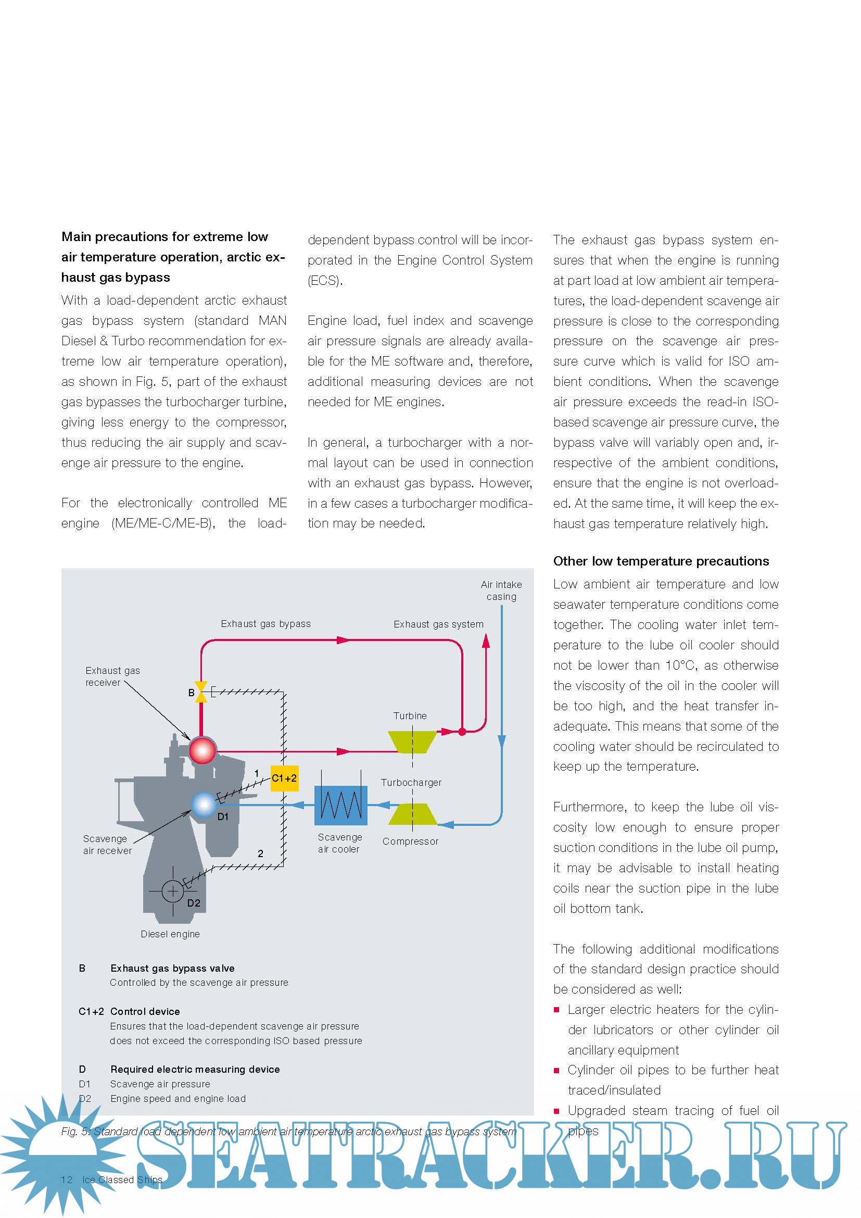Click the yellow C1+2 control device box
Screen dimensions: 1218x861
click(284, 778)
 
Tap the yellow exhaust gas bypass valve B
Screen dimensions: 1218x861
click(201, 692)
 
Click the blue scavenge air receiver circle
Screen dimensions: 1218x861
click(204, 805)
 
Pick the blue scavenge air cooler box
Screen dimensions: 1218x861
click(340, 805)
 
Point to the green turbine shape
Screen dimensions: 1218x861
click(412, 742)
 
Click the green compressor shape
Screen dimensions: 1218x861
click(412, 814)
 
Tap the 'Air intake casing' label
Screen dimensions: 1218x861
click(501, 591)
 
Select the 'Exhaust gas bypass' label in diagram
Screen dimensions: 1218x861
click(265, 624)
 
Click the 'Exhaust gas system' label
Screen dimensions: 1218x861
click(438, 624)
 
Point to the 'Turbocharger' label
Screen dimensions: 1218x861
click(411, 783)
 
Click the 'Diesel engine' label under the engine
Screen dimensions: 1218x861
click(170, 934)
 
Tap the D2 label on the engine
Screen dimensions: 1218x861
click(194, 903)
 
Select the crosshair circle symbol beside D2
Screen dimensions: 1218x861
click(172, 891)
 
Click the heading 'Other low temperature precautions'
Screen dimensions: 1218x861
click(661, 561)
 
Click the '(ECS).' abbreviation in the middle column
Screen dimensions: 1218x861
click(325, 281)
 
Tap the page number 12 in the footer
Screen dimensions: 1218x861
click(67, 1180)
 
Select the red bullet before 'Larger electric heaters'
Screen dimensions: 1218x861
click(556, 1010)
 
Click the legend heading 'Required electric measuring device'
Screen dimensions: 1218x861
click(195, 1070)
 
